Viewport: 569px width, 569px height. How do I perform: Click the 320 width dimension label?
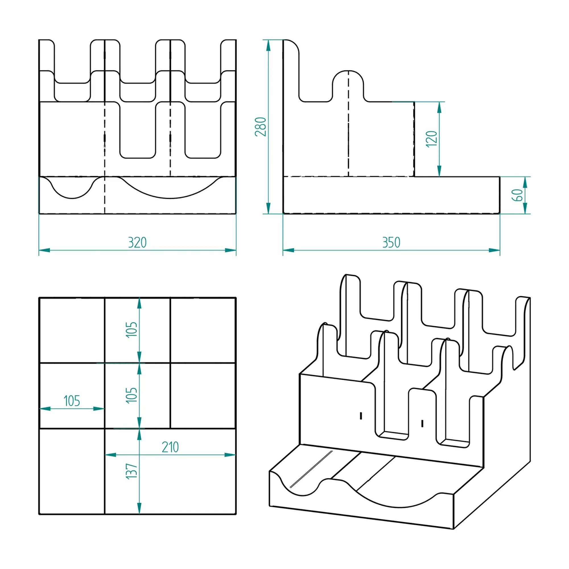137,243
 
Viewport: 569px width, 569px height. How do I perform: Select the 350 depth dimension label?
391,243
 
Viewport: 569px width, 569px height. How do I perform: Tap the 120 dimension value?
432,139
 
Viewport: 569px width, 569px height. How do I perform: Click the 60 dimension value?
518,195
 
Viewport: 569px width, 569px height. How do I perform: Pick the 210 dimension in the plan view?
170,447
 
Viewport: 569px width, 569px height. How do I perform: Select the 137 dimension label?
132,471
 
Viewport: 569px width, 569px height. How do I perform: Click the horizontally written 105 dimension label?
72,401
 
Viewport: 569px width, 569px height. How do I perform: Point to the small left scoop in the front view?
72,187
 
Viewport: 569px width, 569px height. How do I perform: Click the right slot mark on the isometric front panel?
422,423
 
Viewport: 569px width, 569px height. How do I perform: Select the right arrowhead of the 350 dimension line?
494,250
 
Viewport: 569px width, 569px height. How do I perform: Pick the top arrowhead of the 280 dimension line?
268,45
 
